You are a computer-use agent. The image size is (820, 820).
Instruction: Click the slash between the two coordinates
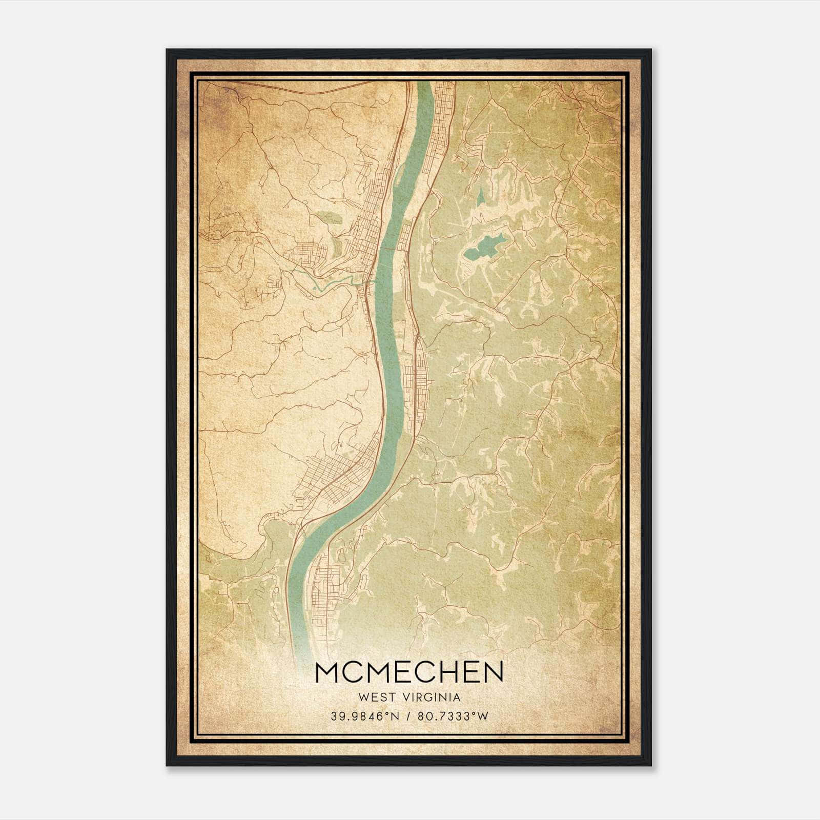[409, 716]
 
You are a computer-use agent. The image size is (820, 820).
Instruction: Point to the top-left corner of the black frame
[167, 50]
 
